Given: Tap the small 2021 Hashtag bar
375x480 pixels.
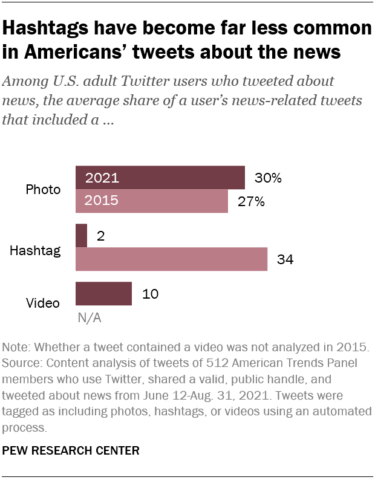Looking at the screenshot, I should click(81, 236).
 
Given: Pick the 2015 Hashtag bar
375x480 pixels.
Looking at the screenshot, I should click(171, 259).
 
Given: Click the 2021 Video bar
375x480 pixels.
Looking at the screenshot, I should click(103, 294).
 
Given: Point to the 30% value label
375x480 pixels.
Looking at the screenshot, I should click(269, 178).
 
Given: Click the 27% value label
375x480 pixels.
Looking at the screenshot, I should click(251, 201).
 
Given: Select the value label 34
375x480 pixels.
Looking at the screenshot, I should click(286, 259).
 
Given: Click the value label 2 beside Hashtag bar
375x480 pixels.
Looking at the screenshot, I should click(100, 236).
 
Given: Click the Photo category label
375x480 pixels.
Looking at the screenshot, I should click(44, 190).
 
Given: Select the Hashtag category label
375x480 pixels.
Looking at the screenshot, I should click(35, 249).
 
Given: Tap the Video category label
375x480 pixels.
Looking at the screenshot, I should click(44, 302).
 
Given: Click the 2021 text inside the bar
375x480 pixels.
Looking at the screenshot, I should click(102, 178).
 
